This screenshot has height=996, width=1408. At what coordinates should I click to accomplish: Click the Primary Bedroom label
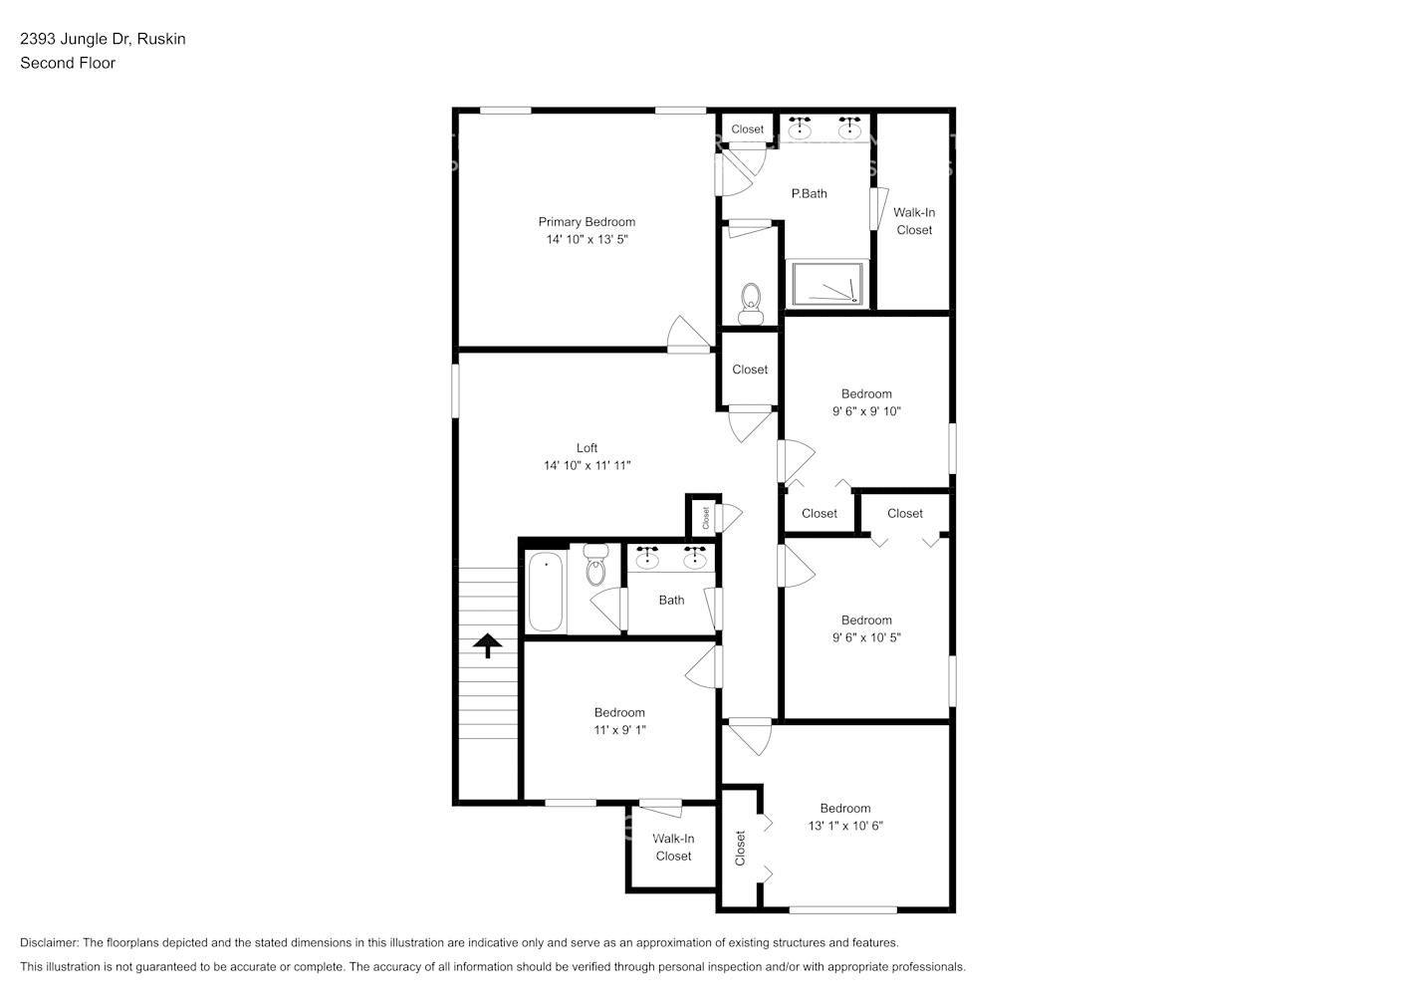pyautogui.click(x=587, y=222)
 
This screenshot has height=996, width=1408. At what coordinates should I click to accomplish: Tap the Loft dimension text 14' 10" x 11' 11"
pyautogui.click(x=587, y=465)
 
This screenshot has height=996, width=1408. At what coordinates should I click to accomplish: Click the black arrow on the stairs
pyautogui.click(x=487, y=646)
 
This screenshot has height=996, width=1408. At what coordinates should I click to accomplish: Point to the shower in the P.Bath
pyautogui.click(x=828, y=285)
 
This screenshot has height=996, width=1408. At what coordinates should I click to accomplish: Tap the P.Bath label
pyautogui.click(x=809, y=193)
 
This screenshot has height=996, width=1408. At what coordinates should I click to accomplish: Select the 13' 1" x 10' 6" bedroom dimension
pyautogui.click(x=845, y=826)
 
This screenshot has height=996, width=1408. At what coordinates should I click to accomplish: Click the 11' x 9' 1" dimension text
pyautogui.click(x=619, y=730)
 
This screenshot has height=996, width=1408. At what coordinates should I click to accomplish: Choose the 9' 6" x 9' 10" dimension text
pyautogui.click(x=866, y=411)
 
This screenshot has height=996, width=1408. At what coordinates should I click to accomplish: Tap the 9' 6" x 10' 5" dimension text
pyautogui.click(x=866, y=637)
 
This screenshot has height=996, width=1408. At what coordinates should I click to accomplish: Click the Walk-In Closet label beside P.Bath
pyautogui.click(x=913, y=221)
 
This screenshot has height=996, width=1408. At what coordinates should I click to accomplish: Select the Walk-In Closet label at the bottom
pyautogui.click(x=673, y=848)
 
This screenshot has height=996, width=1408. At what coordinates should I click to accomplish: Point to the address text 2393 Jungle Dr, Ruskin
pyautogui.click(x=103, y=39)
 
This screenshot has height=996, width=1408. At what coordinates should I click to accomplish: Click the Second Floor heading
pyautogui.click(x=68, y=63)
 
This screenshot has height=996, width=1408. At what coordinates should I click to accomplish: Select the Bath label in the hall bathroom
pyautogui.click(x=671, y=600)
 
